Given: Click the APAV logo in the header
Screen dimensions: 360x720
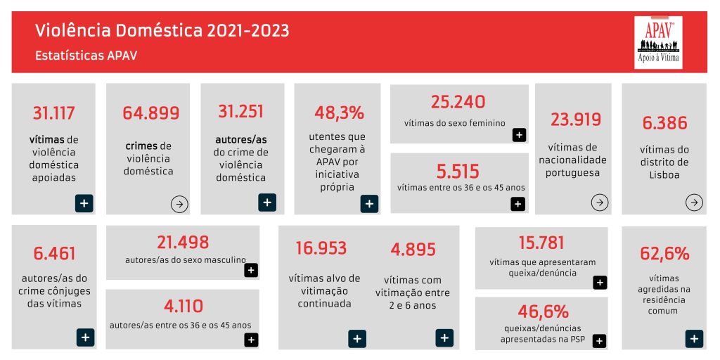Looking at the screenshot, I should [658, 42].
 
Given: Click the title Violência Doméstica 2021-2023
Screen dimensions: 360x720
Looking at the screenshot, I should [162, 31].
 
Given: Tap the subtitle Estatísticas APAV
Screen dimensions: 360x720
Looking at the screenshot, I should [86, 56].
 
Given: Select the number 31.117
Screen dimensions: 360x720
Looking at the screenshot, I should [53, 112].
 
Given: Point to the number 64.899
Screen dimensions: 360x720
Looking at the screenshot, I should [150, 112].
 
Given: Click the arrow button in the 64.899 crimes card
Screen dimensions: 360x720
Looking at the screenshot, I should [179, 204].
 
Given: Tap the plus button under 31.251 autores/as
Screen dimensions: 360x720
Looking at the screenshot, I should [267, 202].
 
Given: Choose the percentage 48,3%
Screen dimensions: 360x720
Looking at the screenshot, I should [340, 112].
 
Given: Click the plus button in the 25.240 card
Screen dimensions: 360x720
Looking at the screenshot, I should [519, 134].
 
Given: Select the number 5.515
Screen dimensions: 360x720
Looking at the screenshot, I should [457, 171].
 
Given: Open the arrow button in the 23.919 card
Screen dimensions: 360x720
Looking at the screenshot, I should [599, 202].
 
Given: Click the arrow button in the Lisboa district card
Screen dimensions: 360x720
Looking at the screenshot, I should [694, 202].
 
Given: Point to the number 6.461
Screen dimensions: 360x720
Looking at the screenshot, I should [54, 253].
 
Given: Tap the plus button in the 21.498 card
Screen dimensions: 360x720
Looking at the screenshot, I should [251, 270].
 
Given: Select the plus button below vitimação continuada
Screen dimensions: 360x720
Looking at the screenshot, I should [357, 338].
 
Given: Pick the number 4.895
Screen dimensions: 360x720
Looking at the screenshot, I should [413, 249].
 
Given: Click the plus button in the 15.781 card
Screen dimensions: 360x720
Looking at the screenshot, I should [599, 282].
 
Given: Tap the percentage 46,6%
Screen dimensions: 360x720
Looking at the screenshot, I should [543, 311].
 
